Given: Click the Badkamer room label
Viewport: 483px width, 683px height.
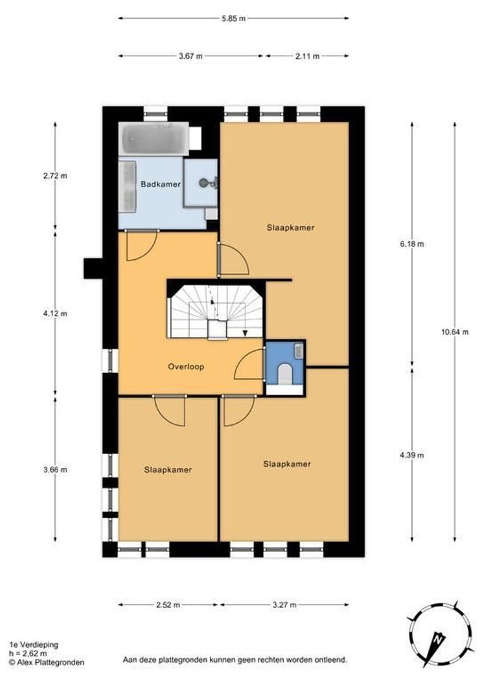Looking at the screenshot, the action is (x=161, y=184).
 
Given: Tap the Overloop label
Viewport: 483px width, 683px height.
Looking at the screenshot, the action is (x=186, y=367).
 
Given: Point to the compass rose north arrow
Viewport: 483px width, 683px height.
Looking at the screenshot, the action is (x=437, y=641).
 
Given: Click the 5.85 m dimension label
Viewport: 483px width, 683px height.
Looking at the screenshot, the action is (x=233, y=18).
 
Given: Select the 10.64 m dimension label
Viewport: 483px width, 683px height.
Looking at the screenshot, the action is (x=455, y=332).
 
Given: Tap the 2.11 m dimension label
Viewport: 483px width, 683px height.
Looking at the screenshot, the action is (x=307, y=56).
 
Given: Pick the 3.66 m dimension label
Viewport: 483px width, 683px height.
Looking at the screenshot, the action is (x=55, y=469).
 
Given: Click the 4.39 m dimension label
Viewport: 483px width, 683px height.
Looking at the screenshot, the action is (x=412, y=455).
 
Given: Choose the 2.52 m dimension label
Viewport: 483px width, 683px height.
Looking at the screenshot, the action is (x=168, y=605).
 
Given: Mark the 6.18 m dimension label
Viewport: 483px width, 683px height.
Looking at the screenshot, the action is (x=412, y=244).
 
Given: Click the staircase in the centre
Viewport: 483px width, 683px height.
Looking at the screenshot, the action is (x=216, y=311).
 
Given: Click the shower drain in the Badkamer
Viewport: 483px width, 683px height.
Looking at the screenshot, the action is (x=204, y=183).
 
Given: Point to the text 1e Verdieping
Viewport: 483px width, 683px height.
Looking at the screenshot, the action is (x=34, y=644).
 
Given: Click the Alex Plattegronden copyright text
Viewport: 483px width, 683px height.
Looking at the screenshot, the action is (x=47, y=663).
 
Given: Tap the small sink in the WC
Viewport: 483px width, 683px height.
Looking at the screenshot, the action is (x=299, y=351).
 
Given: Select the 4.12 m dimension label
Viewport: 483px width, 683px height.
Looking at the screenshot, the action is (x=55, y=314).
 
